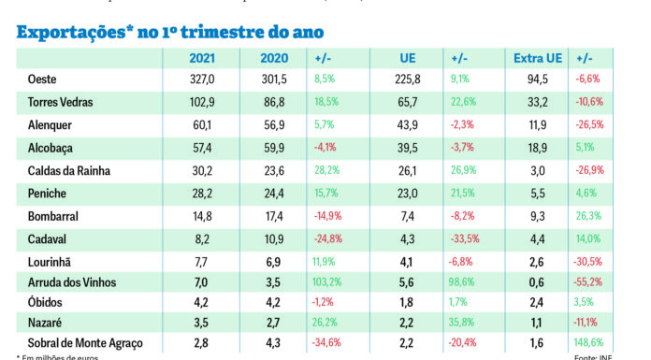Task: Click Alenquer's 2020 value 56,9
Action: pyautogui.click(x=276, y=124)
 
